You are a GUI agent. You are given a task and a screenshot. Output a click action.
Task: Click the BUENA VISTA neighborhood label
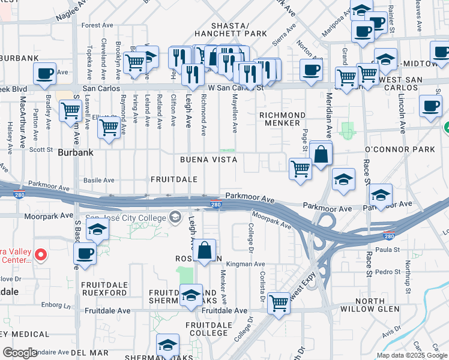(x=209, y=160)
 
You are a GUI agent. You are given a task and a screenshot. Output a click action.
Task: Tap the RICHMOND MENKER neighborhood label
(x=282, y=119)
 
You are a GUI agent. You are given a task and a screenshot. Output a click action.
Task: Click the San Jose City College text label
(x=127, y=217)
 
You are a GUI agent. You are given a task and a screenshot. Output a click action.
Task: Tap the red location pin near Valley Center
(x=40, y=255)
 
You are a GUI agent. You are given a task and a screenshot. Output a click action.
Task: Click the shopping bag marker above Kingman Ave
(x=205, y=250)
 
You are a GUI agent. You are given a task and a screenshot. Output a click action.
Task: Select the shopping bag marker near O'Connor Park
(x=321, y=154)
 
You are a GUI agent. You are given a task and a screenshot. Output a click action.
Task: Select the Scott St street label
(x=41, y=150)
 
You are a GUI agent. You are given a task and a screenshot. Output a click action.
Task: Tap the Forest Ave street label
(x=98, y=25)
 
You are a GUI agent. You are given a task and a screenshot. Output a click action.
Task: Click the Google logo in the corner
(x=20, y=353)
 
